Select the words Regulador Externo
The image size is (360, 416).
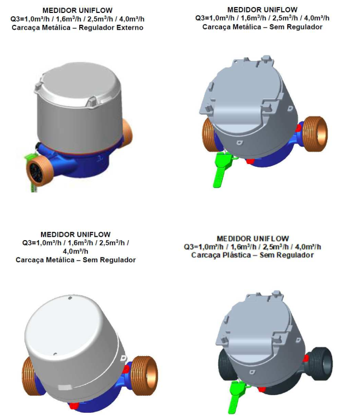pyautogui.click(x=111, y=28)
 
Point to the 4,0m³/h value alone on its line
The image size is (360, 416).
pyautogui.click(x=75, y=251)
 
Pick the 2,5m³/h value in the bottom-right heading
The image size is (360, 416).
pyautogui.click(x=275, y=247)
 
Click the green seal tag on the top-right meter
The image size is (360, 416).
pyautogui.click(x=222, y=169)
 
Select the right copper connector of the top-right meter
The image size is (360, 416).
pyautogui.click(x=315, y=134)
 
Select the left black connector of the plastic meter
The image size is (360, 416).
pyautogui.click(x=226, y=366)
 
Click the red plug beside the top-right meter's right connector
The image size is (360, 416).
pyautogui.click(x=299, y=128)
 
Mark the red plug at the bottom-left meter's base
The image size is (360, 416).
pyautogui.click(x=74, y=406)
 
